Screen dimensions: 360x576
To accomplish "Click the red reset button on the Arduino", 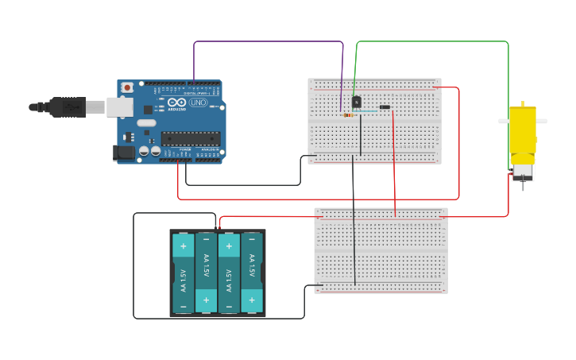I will point(126,87).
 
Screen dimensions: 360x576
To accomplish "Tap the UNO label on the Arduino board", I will point(197,103).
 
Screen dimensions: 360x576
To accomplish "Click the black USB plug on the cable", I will point(68,106).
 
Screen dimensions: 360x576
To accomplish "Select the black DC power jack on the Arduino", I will point(124,152).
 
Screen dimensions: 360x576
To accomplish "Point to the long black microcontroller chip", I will point(191,138).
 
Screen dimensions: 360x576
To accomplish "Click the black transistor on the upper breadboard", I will point(356,102).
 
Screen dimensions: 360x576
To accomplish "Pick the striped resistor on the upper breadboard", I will point(348,115).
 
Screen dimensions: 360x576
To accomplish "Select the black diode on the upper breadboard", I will point(385,106).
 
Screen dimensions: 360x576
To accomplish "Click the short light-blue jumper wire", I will point(367,112).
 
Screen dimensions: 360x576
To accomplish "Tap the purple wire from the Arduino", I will point(270,41).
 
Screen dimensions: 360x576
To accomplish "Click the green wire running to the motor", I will point(433,41).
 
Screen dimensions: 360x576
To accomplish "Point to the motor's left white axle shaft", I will point(503,121).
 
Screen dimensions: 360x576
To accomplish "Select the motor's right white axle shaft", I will point(542,121).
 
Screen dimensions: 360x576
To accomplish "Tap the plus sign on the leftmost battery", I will point(183,246).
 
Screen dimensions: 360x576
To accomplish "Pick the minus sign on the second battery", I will point(206,239).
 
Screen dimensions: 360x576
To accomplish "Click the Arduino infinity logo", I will point(176,103).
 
